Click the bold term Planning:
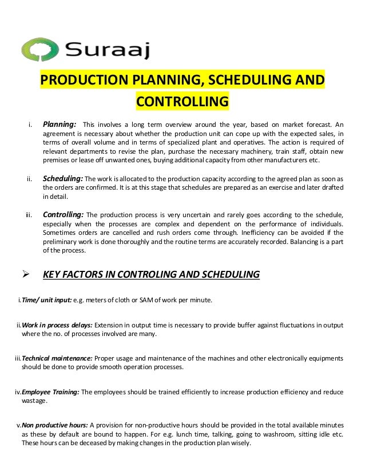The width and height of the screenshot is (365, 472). click(x=60, y=124)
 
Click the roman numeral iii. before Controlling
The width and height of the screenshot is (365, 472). click(x=29, y=215)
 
